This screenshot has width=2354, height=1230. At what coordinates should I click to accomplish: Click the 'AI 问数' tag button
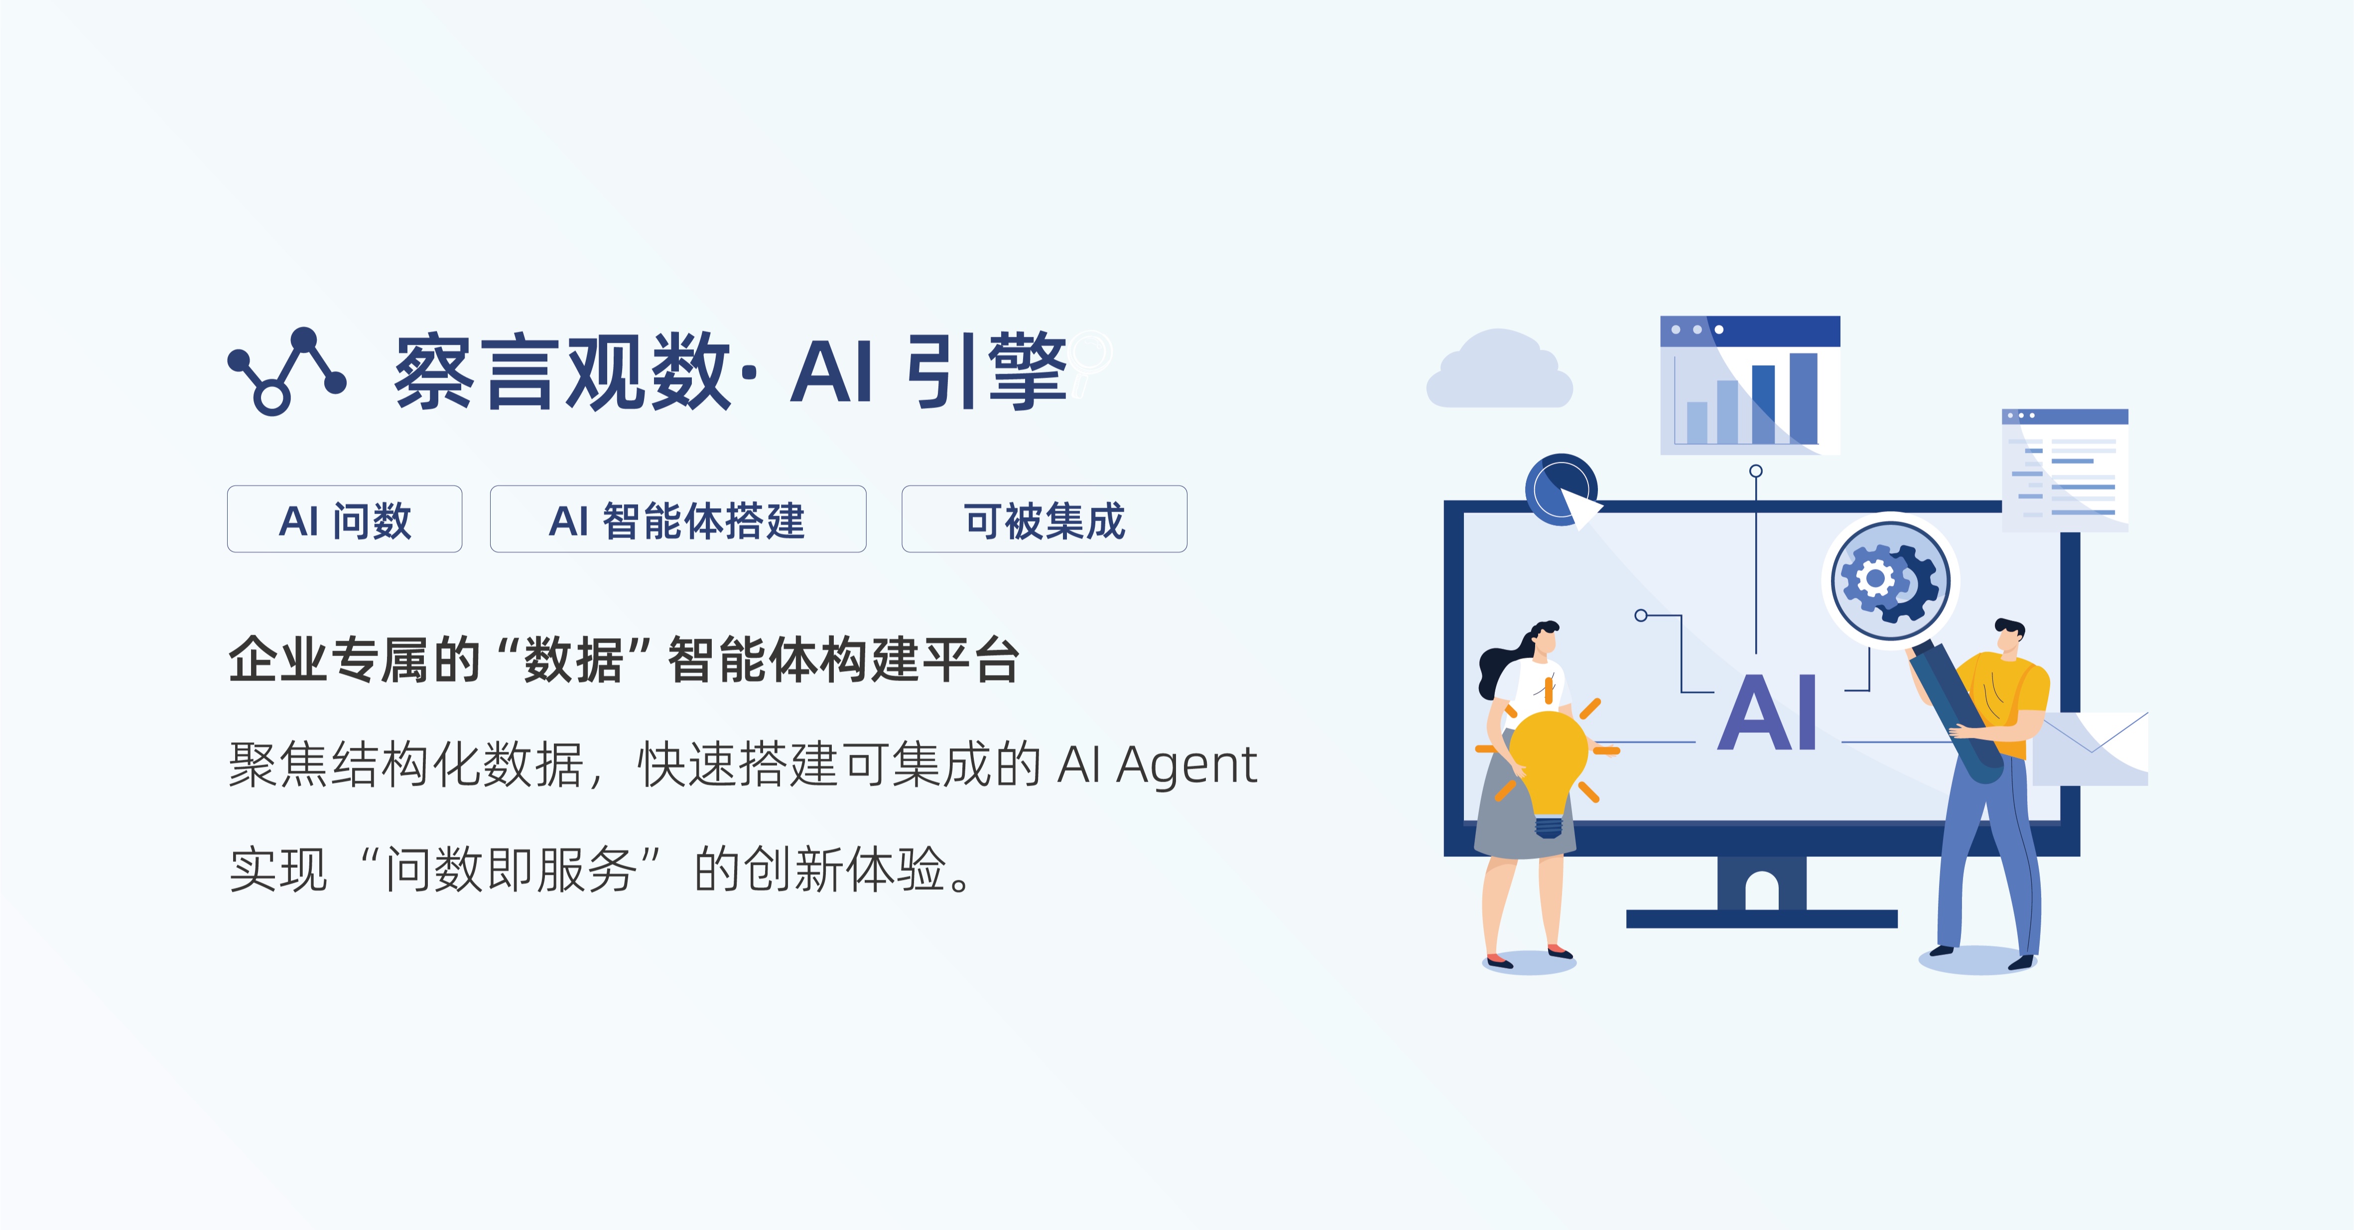345,519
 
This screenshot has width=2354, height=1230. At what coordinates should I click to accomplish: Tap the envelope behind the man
2092,749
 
